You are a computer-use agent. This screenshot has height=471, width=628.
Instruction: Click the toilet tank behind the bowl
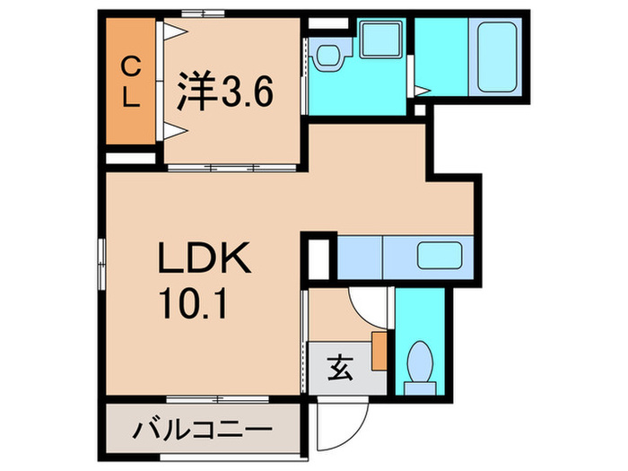(416, 387)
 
